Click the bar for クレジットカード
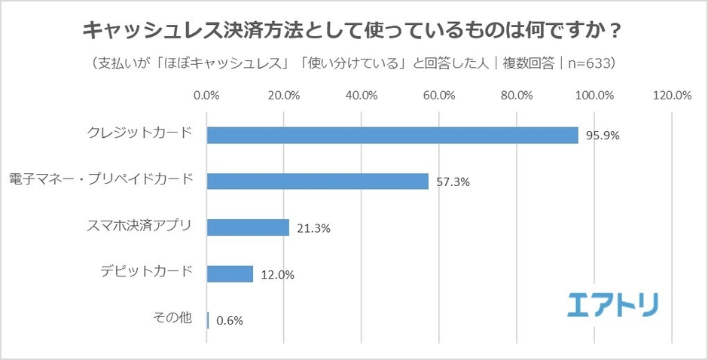point(392,135)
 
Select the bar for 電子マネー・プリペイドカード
point(317,182)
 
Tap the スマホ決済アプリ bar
point(248,227)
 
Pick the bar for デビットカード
point(230,273)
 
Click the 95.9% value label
point(600,136)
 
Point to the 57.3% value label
point(452,182)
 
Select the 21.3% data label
point(312,228)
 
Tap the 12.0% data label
point(276,275)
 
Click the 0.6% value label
point(229,320)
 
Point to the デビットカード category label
point(146,272)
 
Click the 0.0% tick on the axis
point(206,96)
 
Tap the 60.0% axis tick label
point(439,96)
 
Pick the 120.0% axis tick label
point(672,96)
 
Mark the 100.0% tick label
point(594,96)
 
